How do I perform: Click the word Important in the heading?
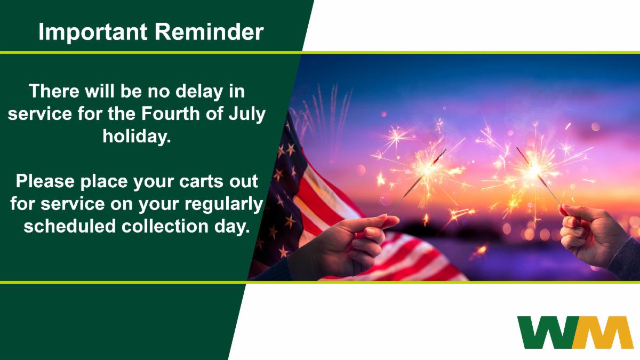93,33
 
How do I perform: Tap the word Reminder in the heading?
209,31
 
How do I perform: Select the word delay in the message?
199,92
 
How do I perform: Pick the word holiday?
137,135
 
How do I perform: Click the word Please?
45,181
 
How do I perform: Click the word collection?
165,226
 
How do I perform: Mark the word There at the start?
54,91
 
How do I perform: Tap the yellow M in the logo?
603,332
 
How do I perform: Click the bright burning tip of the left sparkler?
428,169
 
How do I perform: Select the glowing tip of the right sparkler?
534,169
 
